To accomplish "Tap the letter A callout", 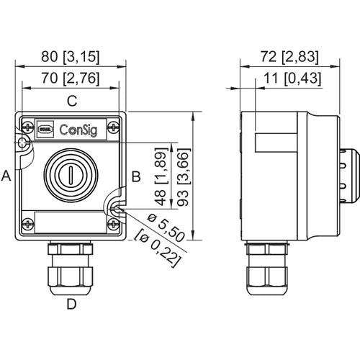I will (x=7, y=176).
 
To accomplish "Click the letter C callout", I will (x=71, y=102).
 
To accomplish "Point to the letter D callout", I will (x=71, y=304).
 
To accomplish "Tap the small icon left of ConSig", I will (x=45, y=130).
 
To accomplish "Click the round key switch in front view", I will (x=71, y=173).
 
